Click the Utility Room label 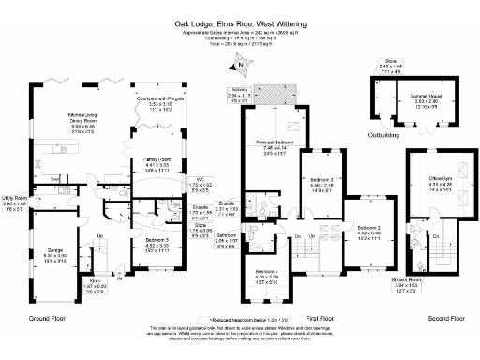tap(14, 198)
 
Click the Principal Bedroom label tap(273, 142)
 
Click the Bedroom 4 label tap(267, 273)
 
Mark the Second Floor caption tap(443, 319)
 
